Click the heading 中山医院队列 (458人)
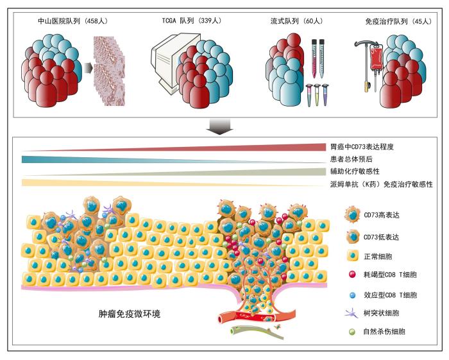coord(72,21)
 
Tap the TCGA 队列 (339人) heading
coord(192,21)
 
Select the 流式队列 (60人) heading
coord(297,21)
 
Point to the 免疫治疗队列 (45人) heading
coord(398,21)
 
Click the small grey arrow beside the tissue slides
coord(89,68)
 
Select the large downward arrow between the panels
coord(219,127)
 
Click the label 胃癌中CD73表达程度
coord(362,147)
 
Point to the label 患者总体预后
coord(351,159)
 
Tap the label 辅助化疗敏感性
coord(355,171)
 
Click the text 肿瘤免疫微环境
coord(129,314)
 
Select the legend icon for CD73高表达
coord(353,214)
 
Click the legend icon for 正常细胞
coord(353,255)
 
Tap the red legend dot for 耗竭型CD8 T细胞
coord(352,275)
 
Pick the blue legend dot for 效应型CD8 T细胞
coord(353,295)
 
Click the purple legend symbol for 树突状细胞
coord(352,313)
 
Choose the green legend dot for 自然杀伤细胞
coord(352,332)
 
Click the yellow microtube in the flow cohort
coord(317,94)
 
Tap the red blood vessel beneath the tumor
coord(257,317)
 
